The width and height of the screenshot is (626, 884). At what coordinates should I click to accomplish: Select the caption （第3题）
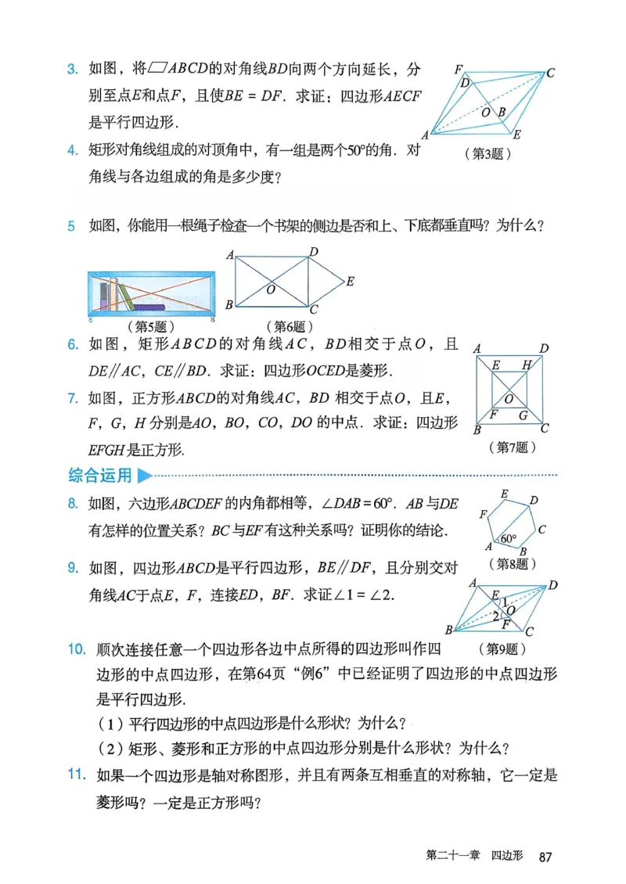pos(487,154)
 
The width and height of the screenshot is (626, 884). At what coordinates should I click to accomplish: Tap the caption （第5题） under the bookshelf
pos(149,325)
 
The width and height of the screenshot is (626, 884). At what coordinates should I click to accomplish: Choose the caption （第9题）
pos(502,648)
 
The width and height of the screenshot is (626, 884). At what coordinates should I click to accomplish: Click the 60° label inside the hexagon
pos(509,539)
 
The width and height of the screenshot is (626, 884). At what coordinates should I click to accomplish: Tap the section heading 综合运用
pos(99,475)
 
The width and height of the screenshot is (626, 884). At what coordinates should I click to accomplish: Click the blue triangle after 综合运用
pos(143,475)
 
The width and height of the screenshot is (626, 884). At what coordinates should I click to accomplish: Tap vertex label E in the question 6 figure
pos(350,280)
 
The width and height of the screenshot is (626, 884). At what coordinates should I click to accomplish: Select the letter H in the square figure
pos(527,365)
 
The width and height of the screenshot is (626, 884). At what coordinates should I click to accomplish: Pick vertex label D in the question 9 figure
pos(553,584)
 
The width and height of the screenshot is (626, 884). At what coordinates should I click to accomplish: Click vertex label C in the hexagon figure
pos(541,529)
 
